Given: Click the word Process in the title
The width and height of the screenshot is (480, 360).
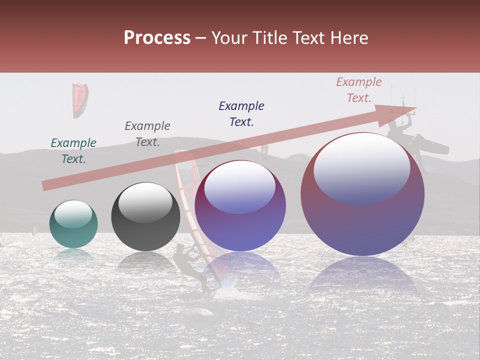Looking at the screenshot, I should pos(157,38).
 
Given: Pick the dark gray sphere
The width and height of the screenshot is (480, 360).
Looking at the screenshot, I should pos(145,217).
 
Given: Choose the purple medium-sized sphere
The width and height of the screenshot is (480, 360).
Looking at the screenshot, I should pos(240,206).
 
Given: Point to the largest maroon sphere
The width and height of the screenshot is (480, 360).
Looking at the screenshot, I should pos(362,195).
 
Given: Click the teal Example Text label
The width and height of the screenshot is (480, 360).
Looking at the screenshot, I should pos(73,150).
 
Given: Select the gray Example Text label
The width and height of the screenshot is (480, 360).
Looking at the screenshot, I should pos(147,133).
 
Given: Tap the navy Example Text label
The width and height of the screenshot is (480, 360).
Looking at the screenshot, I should pos(241,113).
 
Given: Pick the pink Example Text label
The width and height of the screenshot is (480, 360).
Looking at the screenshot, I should pos(358,90).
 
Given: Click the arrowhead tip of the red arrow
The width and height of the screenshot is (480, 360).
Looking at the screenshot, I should pos(414,108).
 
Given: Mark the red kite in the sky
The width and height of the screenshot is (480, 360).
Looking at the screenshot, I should pos(80,99).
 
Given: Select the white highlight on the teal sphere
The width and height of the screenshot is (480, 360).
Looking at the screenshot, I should pos(73,214).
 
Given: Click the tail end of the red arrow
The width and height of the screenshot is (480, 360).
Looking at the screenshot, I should pos(45,186).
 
